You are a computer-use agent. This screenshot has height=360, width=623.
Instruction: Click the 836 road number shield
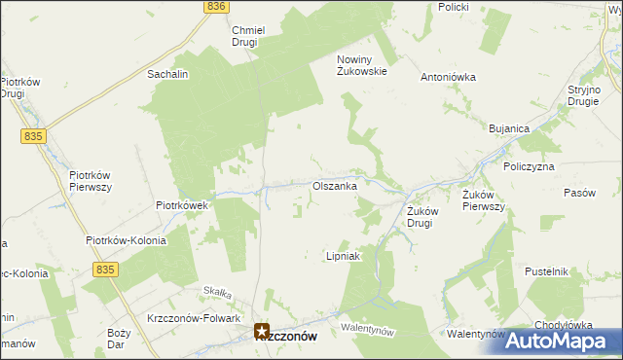tap(216, 6)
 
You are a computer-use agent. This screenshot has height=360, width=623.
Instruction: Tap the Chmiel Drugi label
tap(250, 36)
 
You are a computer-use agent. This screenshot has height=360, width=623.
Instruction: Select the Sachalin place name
tap(166, 74)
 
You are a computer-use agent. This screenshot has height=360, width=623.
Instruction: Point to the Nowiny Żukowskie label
tap(362, 64)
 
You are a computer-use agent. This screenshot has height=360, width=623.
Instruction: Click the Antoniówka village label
tap(447, 77)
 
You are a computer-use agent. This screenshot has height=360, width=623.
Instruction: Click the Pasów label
tap(579, 193)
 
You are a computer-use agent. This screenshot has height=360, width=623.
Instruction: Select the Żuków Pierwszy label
tap(483, 199)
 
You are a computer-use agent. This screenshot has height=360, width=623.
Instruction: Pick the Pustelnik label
tap(545, 271)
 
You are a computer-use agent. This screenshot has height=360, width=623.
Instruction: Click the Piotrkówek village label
tap(183, 205)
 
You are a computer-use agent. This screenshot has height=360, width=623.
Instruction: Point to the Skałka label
tap(215, 290)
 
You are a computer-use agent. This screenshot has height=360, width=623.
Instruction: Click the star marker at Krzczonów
tap(262, 331)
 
